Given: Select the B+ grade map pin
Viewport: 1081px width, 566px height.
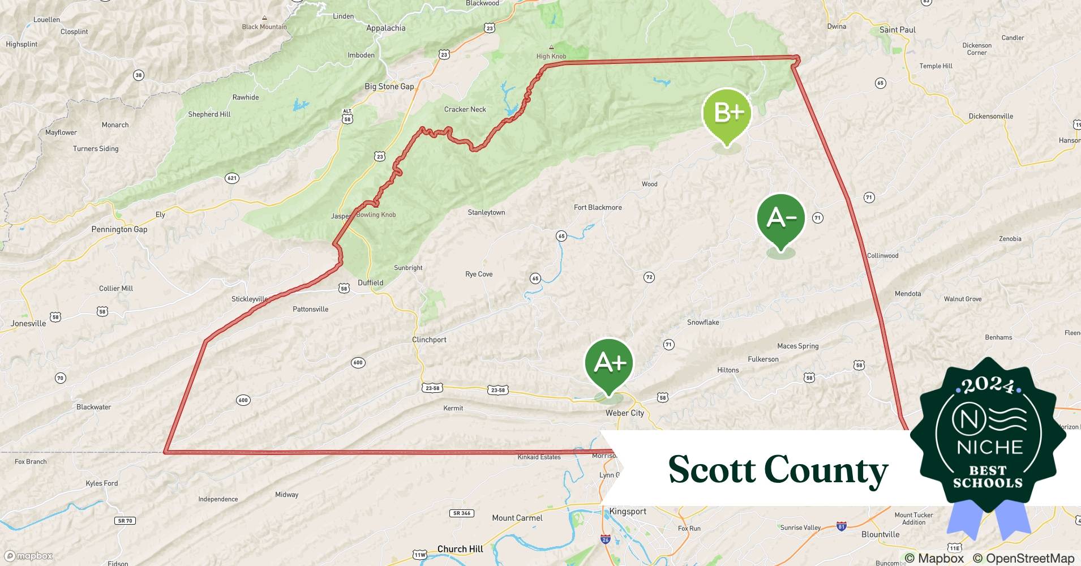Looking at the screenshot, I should point(727,114).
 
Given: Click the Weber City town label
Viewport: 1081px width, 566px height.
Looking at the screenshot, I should point(625,413).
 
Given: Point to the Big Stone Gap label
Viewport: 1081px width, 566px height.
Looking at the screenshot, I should point(389,87).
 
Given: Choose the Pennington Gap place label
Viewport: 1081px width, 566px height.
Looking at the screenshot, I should point(119,229).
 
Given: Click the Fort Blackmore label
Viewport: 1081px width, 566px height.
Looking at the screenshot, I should point(598,208).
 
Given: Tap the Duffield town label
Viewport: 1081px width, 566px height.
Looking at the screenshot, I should point(371,283).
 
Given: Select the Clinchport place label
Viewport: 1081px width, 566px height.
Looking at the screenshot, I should point(429,340).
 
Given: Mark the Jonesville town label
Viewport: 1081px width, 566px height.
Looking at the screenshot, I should point(28,324).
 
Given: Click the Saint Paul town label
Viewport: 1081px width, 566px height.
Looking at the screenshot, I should point(897,30).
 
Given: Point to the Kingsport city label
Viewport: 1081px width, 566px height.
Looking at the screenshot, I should point(628,512).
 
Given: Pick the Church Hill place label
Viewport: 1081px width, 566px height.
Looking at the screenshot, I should point(460,549).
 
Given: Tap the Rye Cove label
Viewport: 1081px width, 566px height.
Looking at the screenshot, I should point(479,275).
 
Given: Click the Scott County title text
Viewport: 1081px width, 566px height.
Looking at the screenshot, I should point(778,470).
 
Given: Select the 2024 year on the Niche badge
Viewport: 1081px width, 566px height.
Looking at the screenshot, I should point(988,386).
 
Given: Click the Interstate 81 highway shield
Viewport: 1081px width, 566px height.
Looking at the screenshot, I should point(842,526).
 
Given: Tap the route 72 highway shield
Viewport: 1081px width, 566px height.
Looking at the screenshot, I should point(649,277).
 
